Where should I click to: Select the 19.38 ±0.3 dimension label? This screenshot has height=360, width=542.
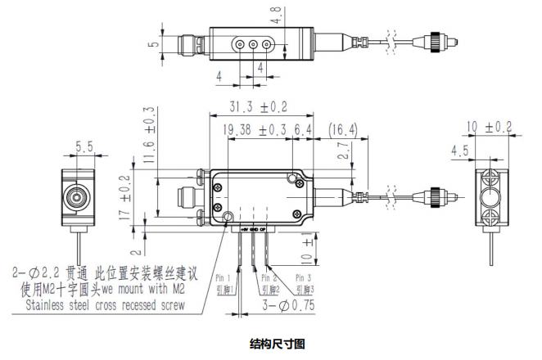[x=253, y=130]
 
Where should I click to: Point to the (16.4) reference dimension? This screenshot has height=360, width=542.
[x=342, y=130]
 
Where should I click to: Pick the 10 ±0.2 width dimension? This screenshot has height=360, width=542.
[x=488, y=127]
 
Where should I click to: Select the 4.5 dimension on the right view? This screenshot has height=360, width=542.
[x=459, y=151]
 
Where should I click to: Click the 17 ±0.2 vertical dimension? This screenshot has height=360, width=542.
[x=124, y=192]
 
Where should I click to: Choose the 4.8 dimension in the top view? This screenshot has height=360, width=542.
[x=277, y=14]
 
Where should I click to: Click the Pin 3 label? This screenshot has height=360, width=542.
[x=304, y=278]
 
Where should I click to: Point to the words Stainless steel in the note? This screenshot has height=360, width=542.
[x=62, y=305]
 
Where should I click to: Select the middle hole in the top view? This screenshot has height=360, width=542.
[x=253, y=44]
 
